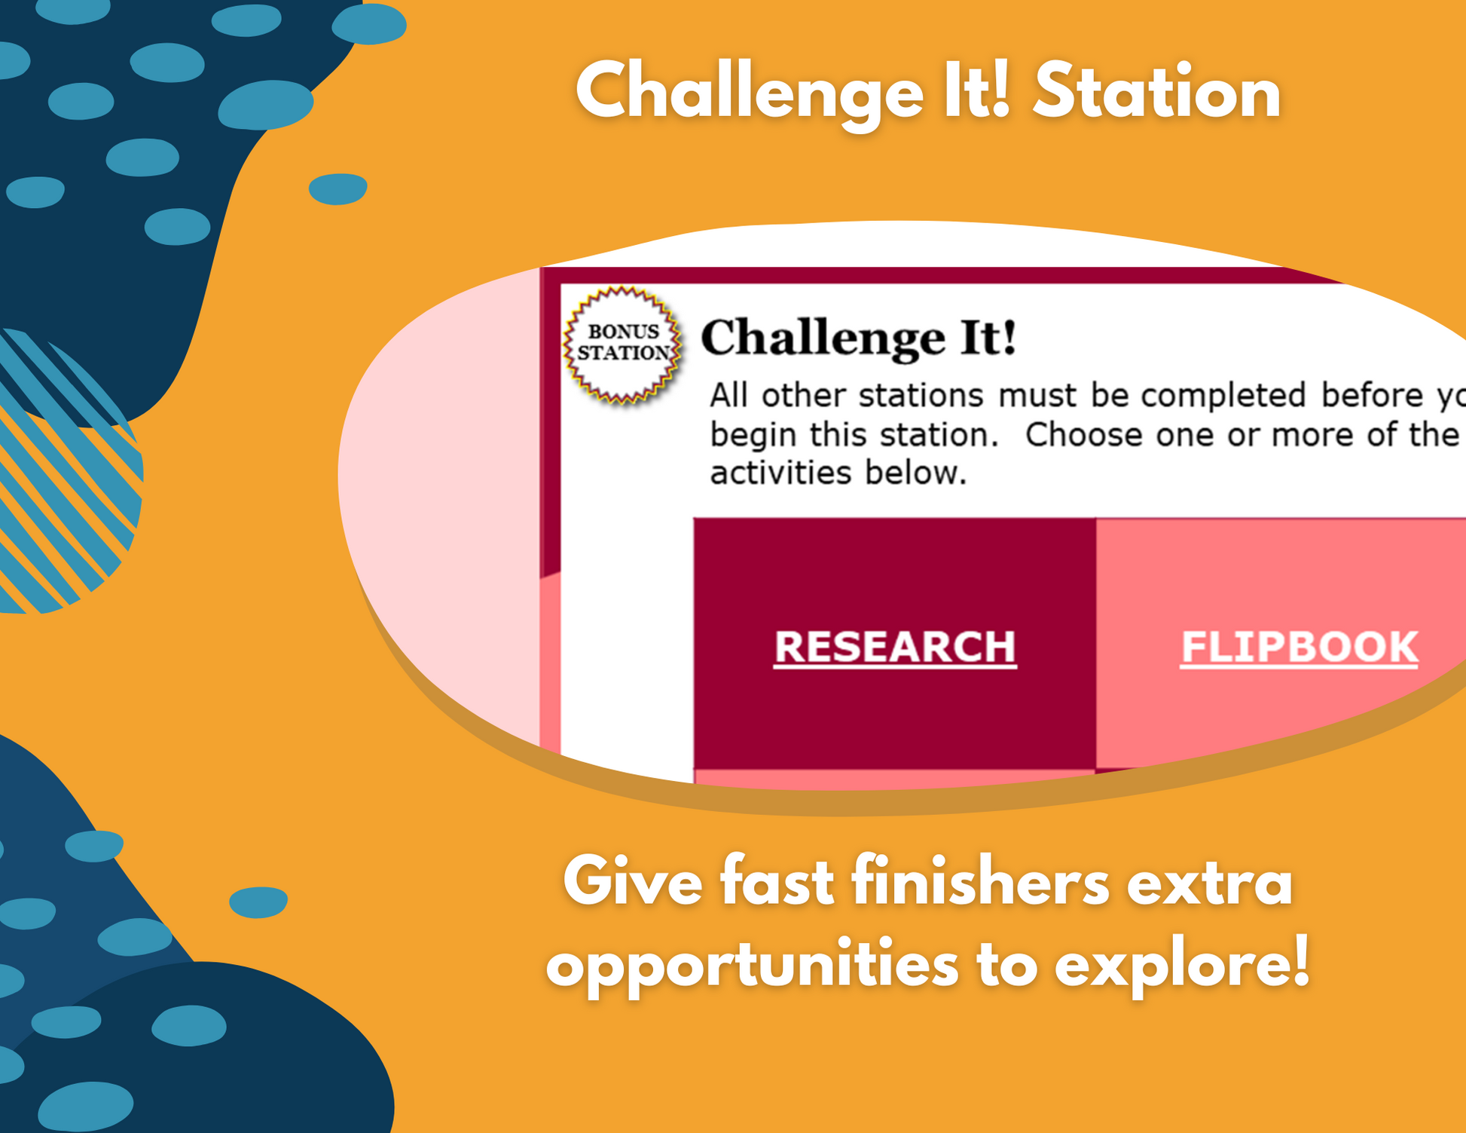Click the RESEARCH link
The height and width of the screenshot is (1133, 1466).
tap(895, 647)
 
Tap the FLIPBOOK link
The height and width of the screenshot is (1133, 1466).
tap(1300, 647)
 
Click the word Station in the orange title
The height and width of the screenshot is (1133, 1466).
tap(1156, 93)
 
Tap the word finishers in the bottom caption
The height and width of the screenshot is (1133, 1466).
tap(981, 881)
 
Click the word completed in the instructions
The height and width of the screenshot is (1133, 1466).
tap(1223, 396)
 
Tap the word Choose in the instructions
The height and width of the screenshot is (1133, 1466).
tap(1084, 435)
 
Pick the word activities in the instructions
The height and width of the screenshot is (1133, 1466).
tap(783, 473)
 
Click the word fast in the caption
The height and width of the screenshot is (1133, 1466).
tap(777, 881)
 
